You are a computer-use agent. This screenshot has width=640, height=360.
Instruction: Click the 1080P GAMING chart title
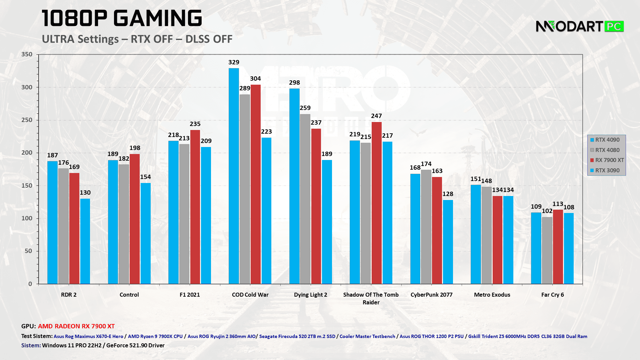point(122,18)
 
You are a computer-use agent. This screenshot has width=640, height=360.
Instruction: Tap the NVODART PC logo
point(579,26)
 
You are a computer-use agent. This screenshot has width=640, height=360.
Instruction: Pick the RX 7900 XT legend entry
point(607,160)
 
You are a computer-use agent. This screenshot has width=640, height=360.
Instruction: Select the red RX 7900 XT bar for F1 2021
point(195,207)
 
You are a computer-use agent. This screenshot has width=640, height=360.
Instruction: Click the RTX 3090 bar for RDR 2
point(85,241)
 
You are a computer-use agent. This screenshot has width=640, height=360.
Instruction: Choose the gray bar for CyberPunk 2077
point(426,227)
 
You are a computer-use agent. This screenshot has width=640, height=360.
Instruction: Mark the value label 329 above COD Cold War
point(234,62)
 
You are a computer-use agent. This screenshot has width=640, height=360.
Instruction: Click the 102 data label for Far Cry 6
point(547,211)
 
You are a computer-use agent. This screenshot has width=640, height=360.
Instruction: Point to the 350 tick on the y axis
point(27,54)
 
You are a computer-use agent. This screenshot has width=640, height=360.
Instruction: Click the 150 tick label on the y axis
point(27,186)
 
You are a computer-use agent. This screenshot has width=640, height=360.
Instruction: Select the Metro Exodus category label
point(492,295)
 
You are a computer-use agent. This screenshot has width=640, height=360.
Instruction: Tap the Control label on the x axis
point(129,295)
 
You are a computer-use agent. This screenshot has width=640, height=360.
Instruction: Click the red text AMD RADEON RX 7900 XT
point(76,326)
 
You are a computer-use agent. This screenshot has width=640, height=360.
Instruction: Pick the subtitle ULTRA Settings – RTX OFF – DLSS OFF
point(137,39)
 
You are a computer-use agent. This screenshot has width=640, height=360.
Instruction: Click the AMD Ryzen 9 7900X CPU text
point(155,336)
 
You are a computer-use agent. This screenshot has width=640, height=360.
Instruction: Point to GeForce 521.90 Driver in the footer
point(135,345)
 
